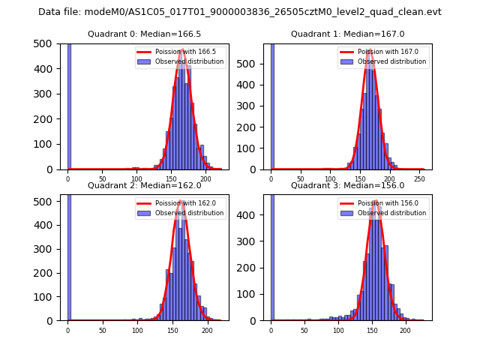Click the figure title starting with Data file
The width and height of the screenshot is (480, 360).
[240, 12]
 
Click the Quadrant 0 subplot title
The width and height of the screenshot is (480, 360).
[144, 34]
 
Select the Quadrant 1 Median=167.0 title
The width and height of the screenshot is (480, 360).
[347, 34]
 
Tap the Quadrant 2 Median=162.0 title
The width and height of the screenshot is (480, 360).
[144, 185]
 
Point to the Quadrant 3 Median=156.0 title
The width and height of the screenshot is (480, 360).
[347, 185]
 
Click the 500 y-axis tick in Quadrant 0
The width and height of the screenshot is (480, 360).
[40, 43]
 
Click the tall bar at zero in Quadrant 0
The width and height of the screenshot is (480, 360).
[69, 105]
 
